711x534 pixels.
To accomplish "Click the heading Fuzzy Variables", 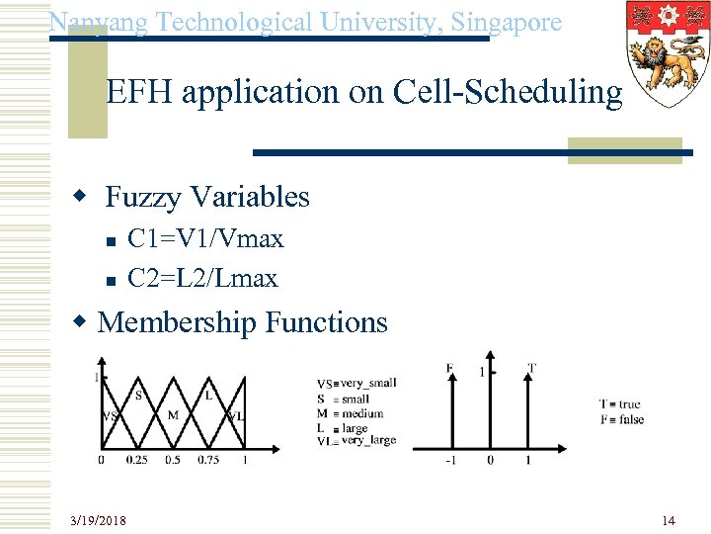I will pos(206,197).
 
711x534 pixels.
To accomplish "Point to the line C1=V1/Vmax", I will pos(205,238).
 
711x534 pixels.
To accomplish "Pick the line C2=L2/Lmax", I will pos(202,278).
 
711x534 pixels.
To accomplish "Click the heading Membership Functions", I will pos(243,321).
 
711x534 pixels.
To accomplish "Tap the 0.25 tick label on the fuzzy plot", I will pos(137,460).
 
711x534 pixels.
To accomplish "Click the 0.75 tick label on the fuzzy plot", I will pos(208,460).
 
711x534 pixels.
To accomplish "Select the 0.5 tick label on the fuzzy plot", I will pos(173,460).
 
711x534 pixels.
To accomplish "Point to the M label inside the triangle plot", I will pos(173,414).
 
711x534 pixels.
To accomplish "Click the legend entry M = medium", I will pos(351,413).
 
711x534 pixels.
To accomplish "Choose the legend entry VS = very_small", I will pos(356,383).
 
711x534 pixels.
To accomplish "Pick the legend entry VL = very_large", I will pos(356,441).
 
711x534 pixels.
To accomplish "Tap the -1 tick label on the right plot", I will pos(450,460).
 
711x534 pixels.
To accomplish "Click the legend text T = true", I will pos(620,403).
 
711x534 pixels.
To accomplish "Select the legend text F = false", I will pos(622,419).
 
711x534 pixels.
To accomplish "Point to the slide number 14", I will pos(669,520).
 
